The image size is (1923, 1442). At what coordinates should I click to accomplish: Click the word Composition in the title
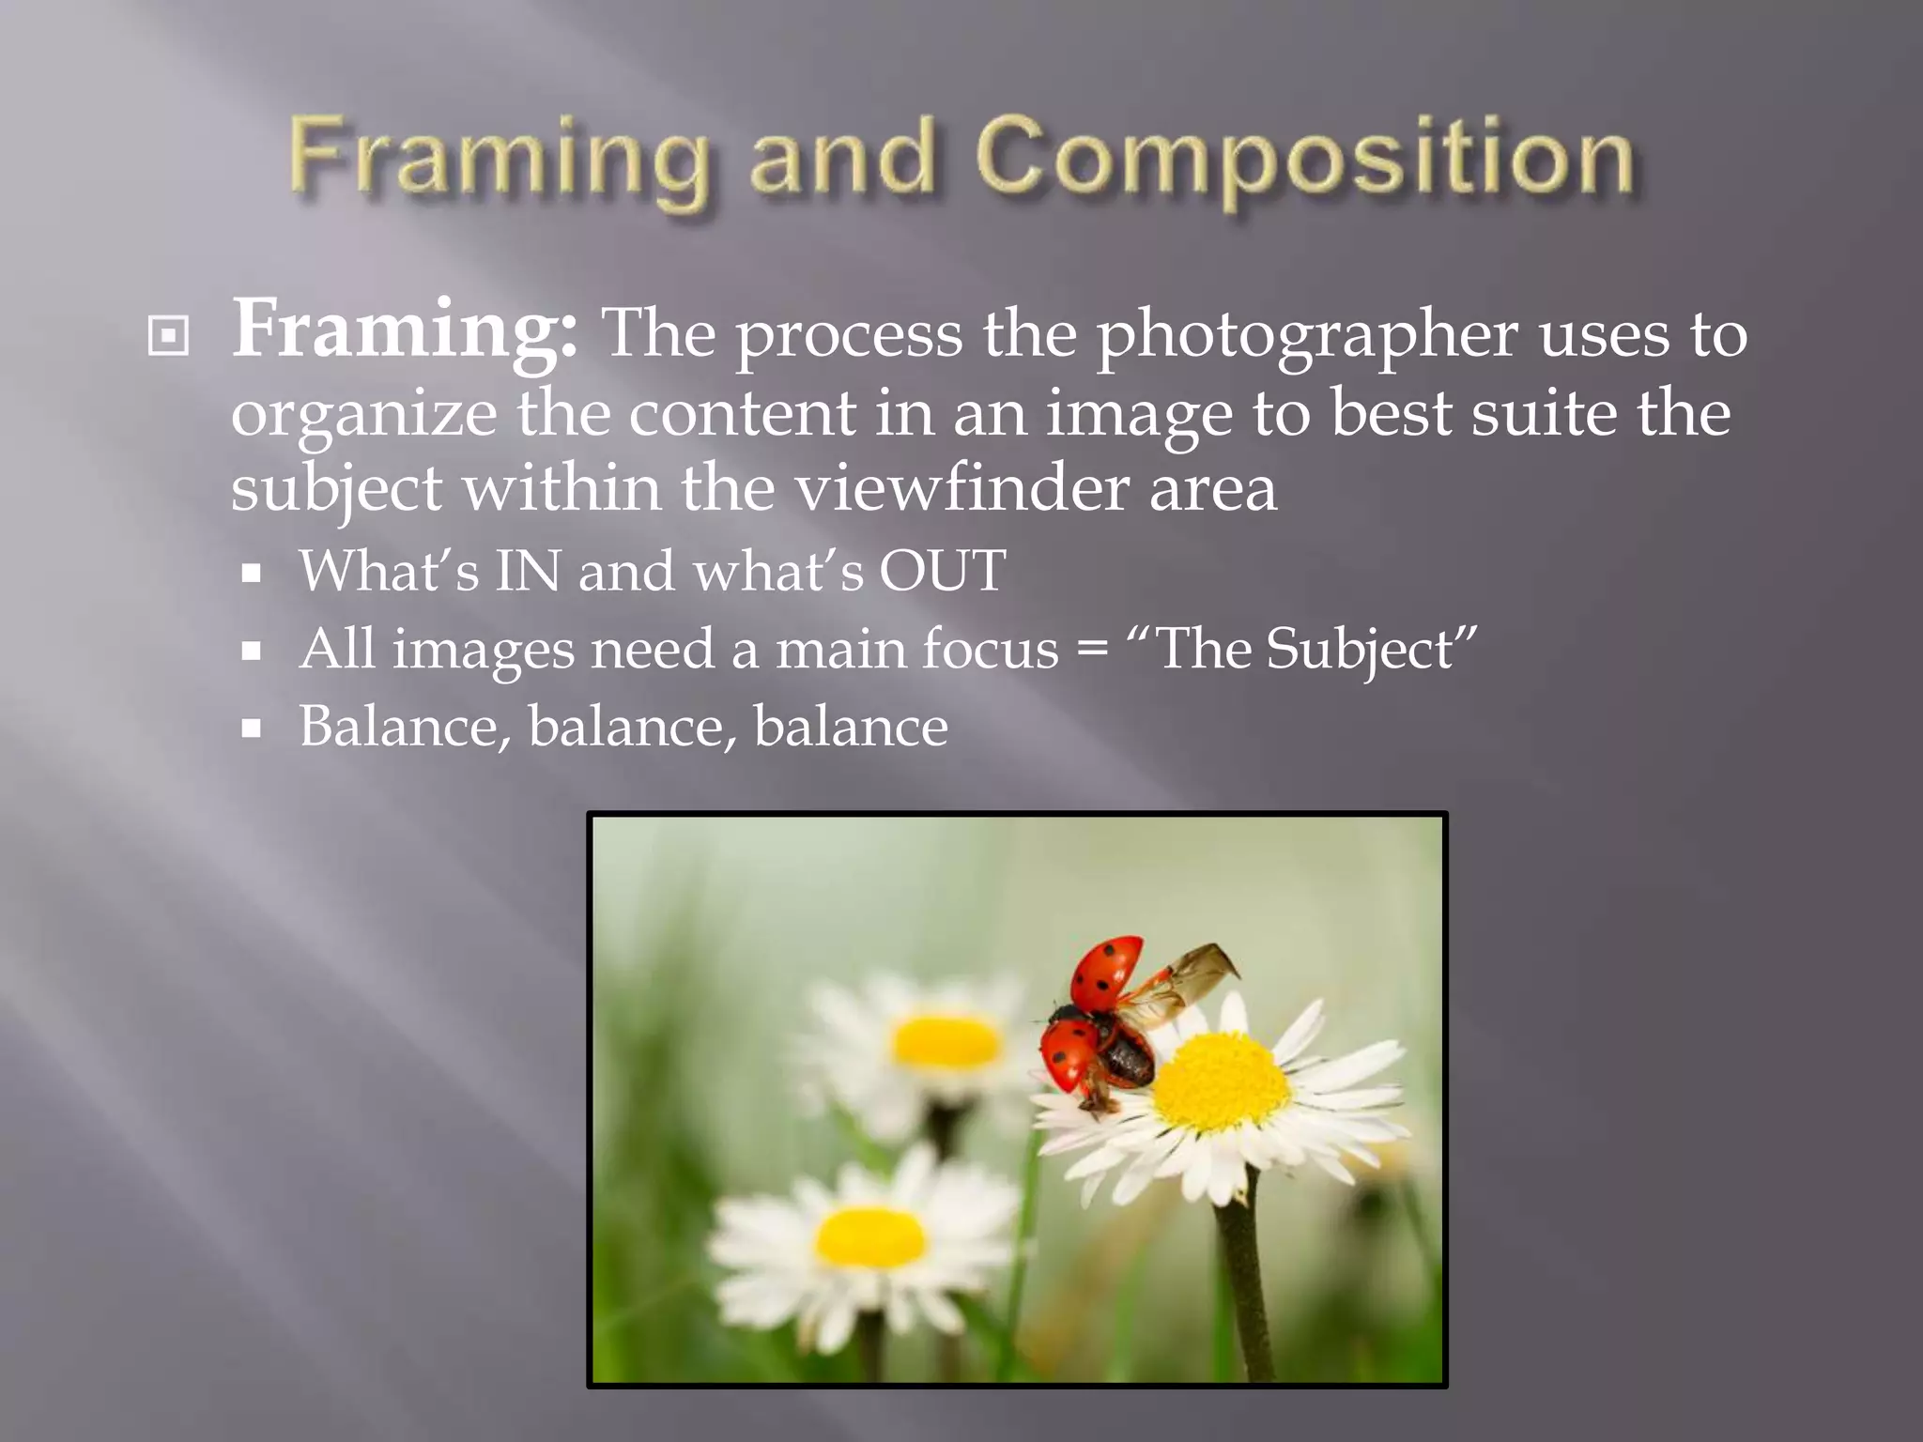click(x=1305, y=160)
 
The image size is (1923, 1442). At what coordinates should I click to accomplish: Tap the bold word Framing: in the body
click(x=405, y=330)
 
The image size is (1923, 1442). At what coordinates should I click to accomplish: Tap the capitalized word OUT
click(x=942, y=570)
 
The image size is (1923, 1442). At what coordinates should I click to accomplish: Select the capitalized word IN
click(x=529, y=570)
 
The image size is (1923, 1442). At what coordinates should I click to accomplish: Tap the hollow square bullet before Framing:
click(x=169, y=337)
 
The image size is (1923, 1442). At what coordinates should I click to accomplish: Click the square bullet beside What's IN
click(x=251, y=573)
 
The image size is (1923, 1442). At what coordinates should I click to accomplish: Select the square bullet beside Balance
click(x=251, y=729)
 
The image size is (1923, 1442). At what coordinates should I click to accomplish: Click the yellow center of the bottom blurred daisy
click(x=870, y=1237)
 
